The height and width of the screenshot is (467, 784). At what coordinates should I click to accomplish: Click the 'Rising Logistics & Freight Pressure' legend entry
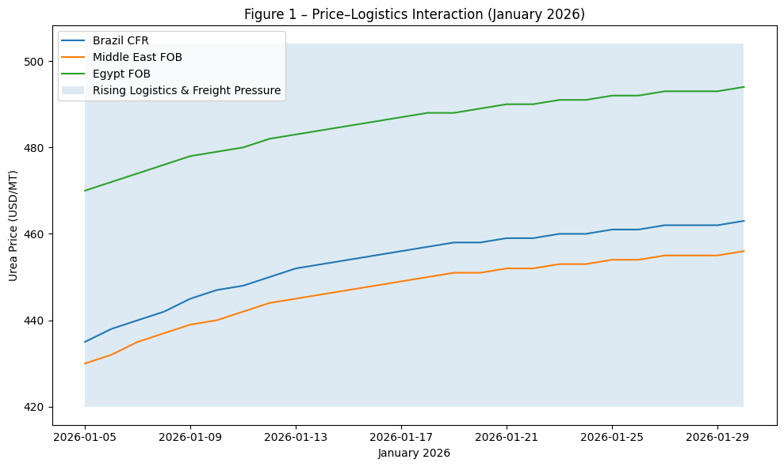(x=186, y=90)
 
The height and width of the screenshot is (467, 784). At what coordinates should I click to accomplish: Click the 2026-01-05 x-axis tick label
(x=85, y=436)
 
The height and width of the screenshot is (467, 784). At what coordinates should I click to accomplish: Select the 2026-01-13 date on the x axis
(x=296, y=436)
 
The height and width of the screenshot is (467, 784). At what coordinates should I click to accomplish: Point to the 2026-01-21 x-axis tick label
(x=507, y=436)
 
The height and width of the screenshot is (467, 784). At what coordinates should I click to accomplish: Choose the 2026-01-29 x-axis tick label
(x=717, y=436)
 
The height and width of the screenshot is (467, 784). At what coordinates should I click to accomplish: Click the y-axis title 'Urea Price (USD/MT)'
(x=13, y=226)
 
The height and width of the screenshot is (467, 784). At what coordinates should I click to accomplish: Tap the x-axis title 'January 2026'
(x=414, y=454)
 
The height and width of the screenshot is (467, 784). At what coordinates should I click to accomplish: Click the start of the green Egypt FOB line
(x=86, y=191)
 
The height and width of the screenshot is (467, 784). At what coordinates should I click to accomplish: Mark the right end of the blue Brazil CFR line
(x=743, y=221)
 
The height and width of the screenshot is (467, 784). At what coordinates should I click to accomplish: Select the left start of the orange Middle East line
(x=86, y=363)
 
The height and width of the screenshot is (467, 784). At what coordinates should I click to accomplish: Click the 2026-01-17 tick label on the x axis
(x=401, y=436)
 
